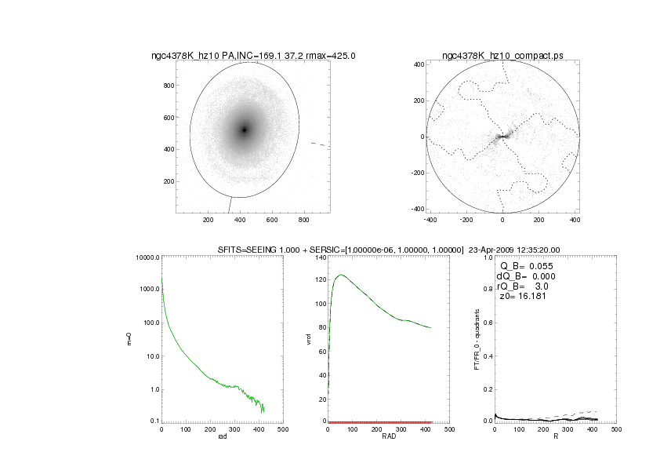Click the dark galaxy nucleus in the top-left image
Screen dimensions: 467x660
245,130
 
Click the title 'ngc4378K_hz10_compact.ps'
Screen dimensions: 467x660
502,56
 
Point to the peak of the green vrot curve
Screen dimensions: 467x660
341,275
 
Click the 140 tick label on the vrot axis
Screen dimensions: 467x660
319,257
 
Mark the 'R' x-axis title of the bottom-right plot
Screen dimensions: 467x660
555,438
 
